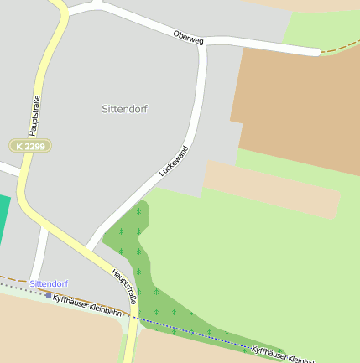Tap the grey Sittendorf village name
[x=124, y=109]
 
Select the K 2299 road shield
[x=30, y=146]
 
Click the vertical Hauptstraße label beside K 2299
[x=34, y=116]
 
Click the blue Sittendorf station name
[x=49, y=283]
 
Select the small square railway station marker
[x=49, y=296]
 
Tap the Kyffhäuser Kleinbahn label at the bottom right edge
[x=285, y=355]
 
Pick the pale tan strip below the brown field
[x=273, y=189]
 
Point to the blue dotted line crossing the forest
[x=193, y=330]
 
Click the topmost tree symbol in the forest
[x=138, y=210]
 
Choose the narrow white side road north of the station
[x=39, y=256]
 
